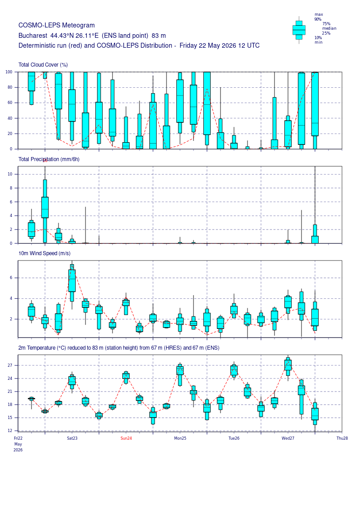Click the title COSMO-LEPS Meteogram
57,25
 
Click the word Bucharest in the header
33,36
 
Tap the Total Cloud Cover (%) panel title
43,65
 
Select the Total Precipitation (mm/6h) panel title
49,159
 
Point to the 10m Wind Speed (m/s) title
45,253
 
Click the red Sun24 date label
126,438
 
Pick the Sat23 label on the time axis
72,438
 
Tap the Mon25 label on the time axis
180,438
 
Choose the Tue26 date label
234,438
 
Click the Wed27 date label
288,438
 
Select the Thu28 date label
342,438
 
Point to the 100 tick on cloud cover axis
9,72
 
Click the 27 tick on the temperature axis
10,365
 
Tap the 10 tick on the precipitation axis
10,174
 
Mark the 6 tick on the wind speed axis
11,278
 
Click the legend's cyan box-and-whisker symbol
299,30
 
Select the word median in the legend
329,28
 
